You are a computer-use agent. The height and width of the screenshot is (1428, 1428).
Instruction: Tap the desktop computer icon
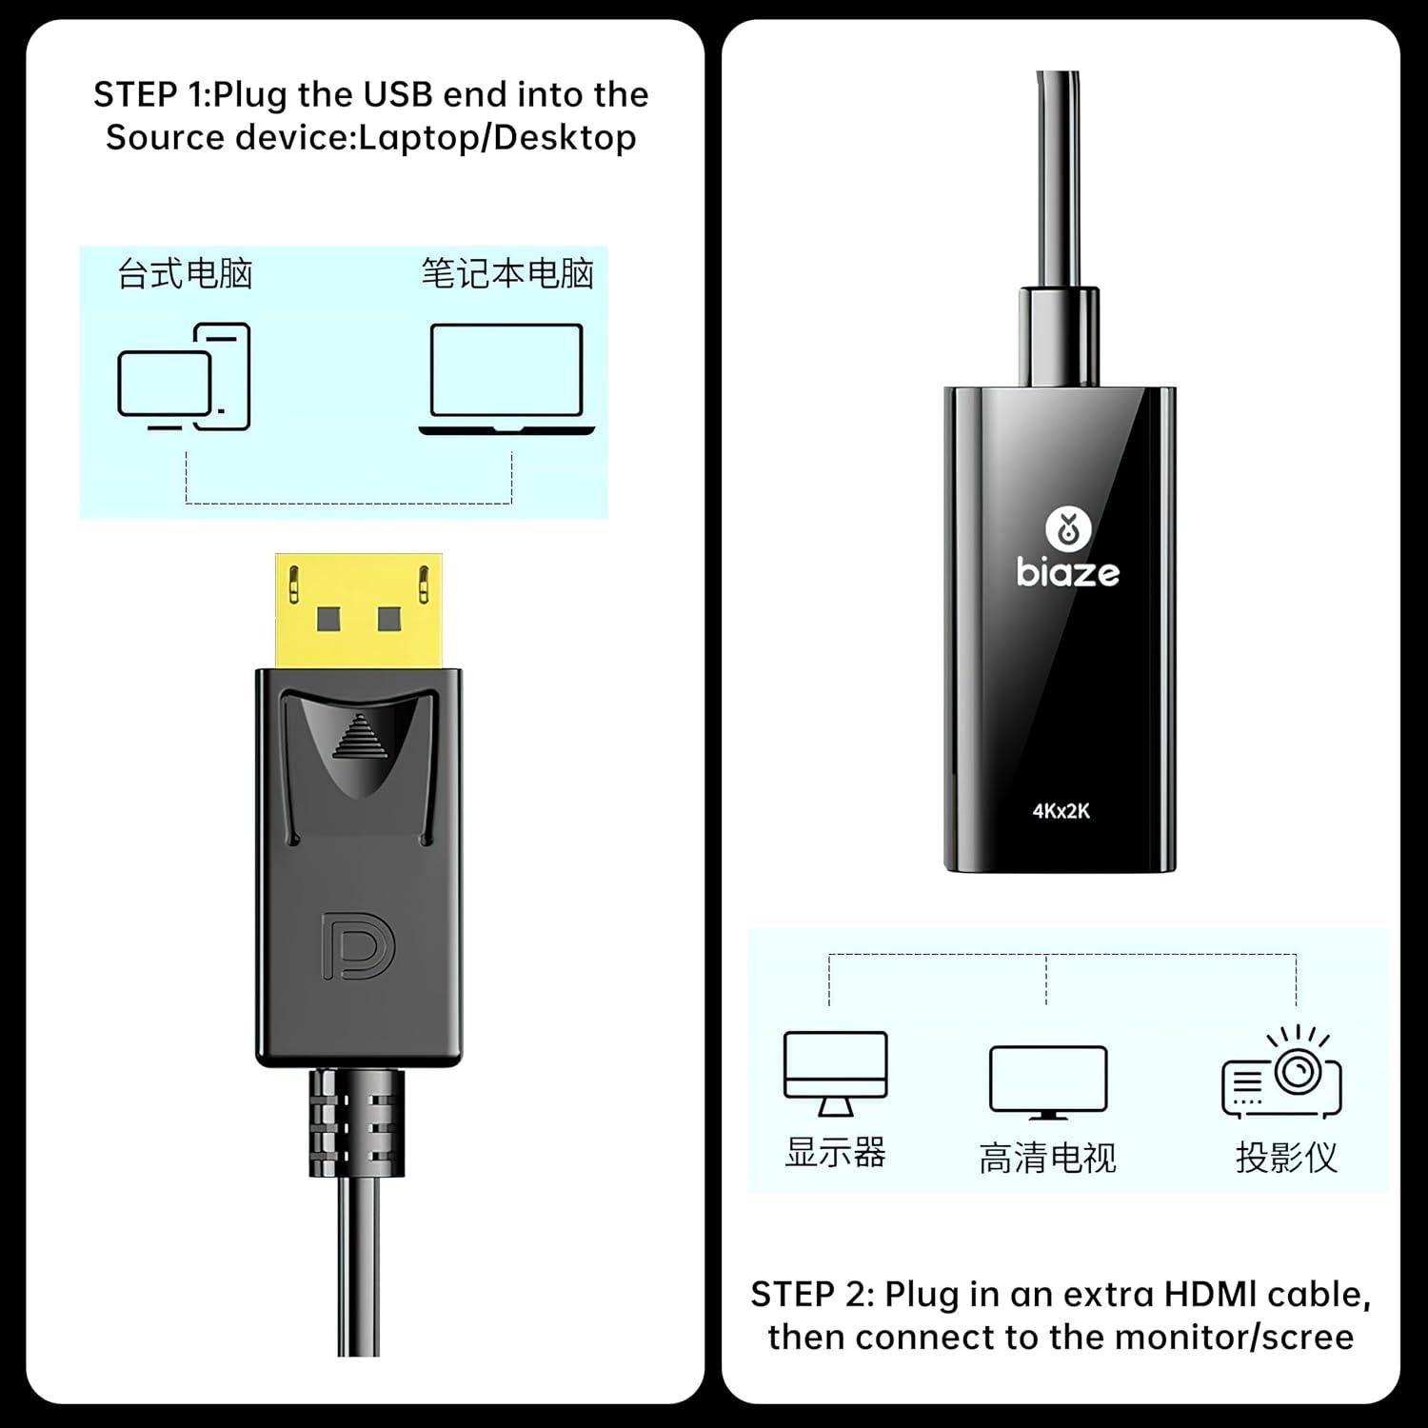(x=184, y=378)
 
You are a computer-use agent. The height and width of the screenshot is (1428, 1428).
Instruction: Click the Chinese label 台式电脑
(x=185, y=274)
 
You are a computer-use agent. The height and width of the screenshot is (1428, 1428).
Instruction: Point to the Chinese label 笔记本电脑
(x=507, y=274)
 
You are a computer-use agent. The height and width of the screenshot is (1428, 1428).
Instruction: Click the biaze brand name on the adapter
(x=1067, y=572)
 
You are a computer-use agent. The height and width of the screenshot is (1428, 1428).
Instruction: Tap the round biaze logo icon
(x=1067, y=529)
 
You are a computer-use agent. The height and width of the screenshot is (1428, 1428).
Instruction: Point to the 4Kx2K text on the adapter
(x=1061, y=811)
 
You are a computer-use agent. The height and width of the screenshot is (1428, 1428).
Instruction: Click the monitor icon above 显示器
(x=835, y=1072)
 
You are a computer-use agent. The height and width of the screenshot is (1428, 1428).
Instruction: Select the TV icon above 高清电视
(x=1047, y=1081)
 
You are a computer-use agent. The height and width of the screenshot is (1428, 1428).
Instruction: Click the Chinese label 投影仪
(x=1286, y=1158)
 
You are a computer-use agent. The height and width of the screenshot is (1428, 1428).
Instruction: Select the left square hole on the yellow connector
(x=327, y=620)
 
